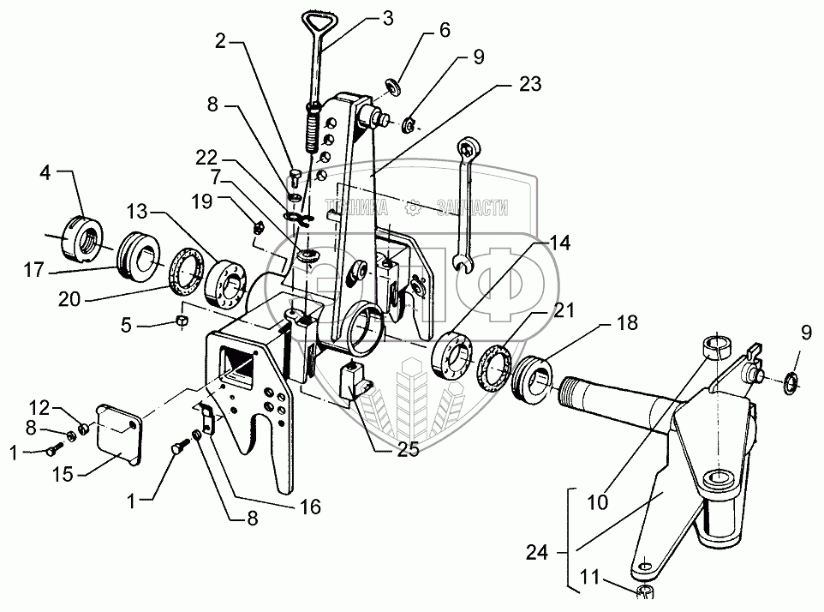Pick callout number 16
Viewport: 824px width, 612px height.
point(309,507)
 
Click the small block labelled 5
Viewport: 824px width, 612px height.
point(182,321)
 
